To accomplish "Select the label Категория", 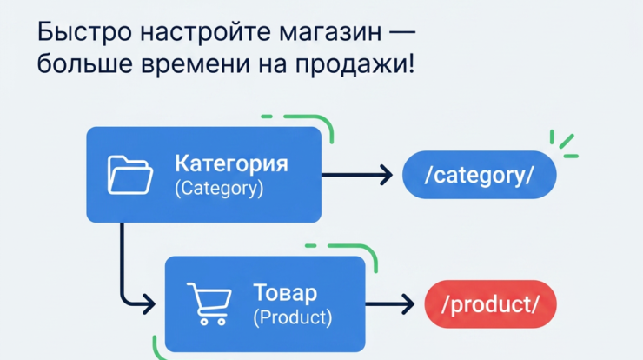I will tap(231, 163).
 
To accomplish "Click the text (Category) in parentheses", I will tap(219, 188).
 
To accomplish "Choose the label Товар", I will tap(285, 292).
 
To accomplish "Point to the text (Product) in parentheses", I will tap(293, 317).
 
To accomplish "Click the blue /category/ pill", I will tap(479, 176).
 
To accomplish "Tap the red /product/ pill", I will tap(490, 303).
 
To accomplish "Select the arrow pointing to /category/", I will tap(357, 175).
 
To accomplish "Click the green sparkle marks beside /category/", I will tap(563, 143).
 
